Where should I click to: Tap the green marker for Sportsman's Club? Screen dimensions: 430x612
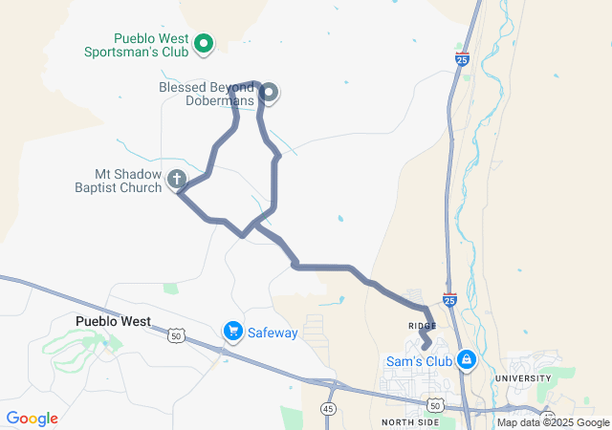pos(204,43)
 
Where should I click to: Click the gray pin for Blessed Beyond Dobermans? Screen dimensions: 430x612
pos(269,93)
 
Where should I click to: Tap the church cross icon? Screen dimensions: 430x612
pos(176,178)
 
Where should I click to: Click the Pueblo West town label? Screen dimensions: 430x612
pos(113,321)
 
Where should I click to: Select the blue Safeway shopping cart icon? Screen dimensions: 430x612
pos(232,332)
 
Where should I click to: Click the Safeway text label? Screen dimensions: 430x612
pos(273,333)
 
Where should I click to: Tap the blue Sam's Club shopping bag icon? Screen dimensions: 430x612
pos(466,360)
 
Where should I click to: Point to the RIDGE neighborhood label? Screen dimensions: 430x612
pos(422,326)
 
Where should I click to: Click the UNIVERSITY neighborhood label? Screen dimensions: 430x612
pos(522,378)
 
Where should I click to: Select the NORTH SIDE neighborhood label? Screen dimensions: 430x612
pos(410,421)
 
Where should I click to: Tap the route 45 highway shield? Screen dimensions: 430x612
pos(328,409)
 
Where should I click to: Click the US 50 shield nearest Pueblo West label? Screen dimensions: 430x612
pos(175,335)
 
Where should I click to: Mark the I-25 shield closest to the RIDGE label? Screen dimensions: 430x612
pos(449,299)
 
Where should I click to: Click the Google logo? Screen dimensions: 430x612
pos(33,419)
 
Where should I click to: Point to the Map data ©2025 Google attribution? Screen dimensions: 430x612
pos(553,422)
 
